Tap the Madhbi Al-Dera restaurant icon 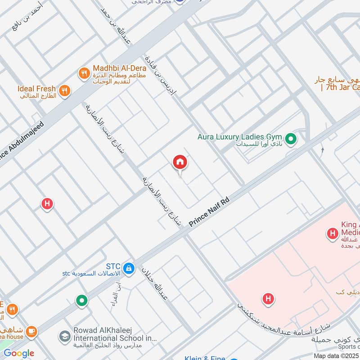pyautogui.click(x=84, y=73)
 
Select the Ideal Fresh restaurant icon pyautogui.click(x=65, y=90)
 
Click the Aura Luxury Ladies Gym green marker pyautogui.click(x=291, y=139)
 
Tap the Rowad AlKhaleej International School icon pyautogui.click(x=64, y=336)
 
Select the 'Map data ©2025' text pyautogui.click(x=336, y=356)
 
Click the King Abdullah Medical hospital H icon pyautogui.click(x=332, y=233)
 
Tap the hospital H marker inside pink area pyautogui.click(x=268, y=298)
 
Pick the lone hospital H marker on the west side pyautogui.click(x=47, y=204)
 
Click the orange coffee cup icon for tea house pyautogui.click(x=31, y=332)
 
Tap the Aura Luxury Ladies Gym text pyautogui.click(x=239, y=136)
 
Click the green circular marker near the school pyautogui.click(x=81, y=300)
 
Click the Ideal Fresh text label pyautogui.click(x=36, y=89)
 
